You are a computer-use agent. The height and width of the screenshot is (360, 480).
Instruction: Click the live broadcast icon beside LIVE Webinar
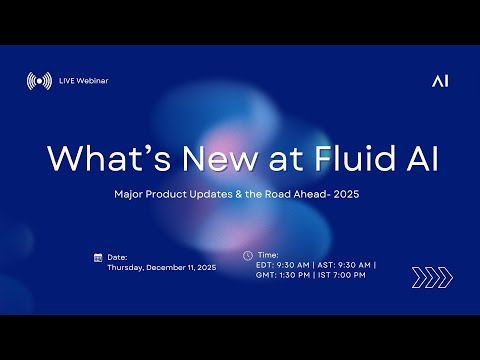[39, 81]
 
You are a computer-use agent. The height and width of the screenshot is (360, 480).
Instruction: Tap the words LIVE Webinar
[84, 81]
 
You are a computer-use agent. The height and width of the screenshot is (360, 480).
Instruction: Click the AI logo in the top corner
[440, 81]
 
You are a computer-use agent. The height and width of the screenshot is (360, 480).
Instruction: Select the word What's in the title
[98, 159]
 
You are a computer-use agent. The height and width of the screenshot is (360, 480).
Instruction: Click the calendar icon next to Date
[97, 257]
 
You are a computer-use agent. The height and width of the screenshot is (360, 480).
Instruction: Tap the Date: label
[116, 257]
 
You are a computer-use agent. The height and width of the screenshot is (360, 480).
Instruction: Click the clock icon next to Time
[247, 255]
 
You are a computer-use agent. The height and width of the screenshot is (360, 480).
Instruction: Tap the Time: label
[267, 255]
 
